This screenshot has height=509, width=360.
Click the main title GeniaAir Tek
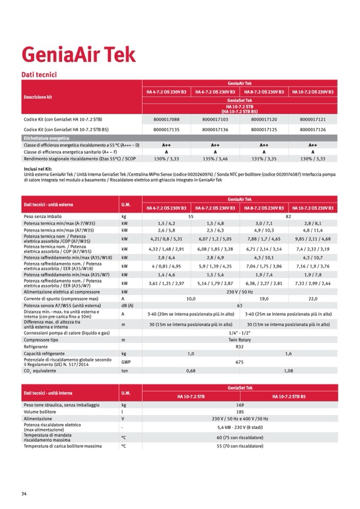[79, 55]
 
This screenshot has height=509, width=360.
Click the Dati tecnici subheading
[38, 75]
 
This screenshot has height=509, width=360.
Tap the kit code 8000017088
[166, 120]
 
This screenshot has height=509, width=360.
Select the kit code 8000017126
[313, 129]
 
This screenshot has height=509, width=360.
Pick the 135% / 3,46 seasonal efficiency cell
[215, 159]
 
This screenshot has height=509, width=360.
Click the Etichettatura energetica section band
[42, 137]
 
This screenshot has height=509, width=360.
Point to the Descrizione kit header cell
[38, 97]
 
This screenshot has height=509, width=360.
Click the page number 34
[24, 494]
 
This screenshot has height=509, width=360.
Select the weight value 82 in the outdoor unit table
[288, 217]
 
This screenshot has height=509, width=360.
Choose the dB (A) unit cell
[127, 306]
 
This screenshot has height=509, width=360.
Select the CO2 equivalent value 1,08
[288, 371]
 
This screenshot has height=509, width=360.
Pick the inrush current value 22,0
[313, 299]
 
